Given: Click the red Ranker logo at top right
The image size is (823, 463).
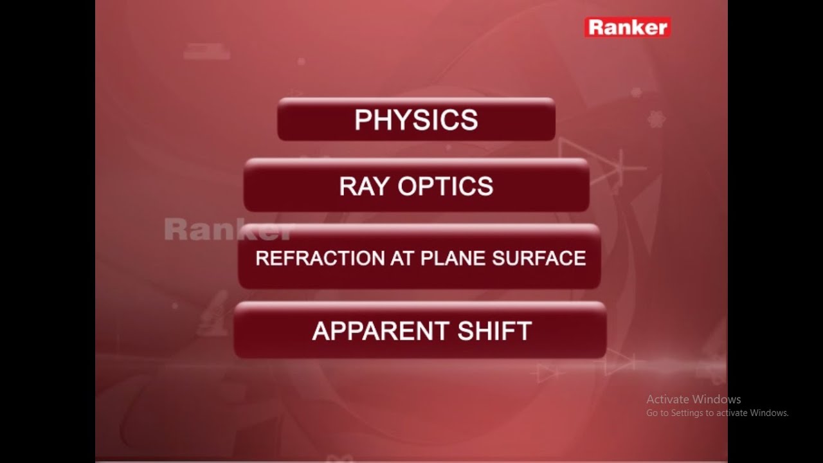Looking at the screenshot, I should (x=627, y=27).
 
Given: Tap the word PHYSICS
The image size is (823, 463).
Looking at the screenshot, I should (x=416, y=120).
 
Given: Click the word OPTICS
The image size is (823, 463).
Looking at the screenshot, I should (x=446, y=186).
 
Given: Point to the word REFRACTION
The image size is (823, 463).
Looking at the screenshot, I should (x=320, y=259).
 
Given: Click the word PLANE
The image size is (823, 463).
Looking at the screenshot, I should (x=453, y=259).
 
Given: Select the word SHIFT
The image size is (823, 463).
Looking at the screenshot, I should (x=494, y=331).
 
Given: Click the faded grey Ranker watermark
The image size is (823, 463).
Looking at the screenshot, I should (x=228, y=230).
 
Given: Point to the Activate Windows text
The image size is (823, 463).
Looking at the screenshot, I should (x=693, y=399).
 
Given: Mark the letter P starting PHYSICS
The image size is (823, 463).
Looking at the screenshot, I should (x=363, y=120).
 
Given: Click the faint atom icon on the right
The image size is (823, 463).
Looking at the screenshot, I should (x=656, y=118).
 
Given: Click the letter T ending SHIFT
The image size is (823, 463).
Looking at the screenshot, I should (x=524, y=331).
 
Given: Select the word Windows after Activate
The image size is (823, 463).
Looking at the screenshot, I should (x=717, y=399).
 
